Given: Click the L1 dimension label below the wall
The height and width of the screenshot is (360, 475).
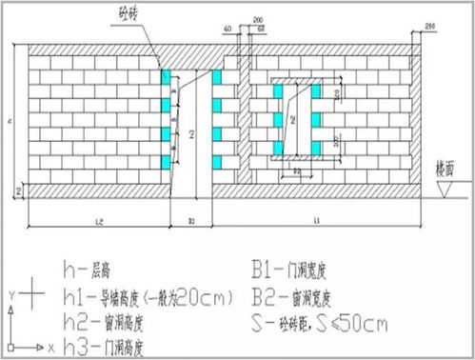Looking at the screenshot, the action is [x=315, y=220].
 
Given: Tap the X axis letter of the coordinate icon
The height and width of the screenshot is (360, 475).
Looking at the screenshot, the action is [x=47, y=341].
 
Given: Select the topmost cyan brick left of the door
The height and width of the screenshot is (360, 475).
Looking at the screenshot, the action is [x=167, y=75].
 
